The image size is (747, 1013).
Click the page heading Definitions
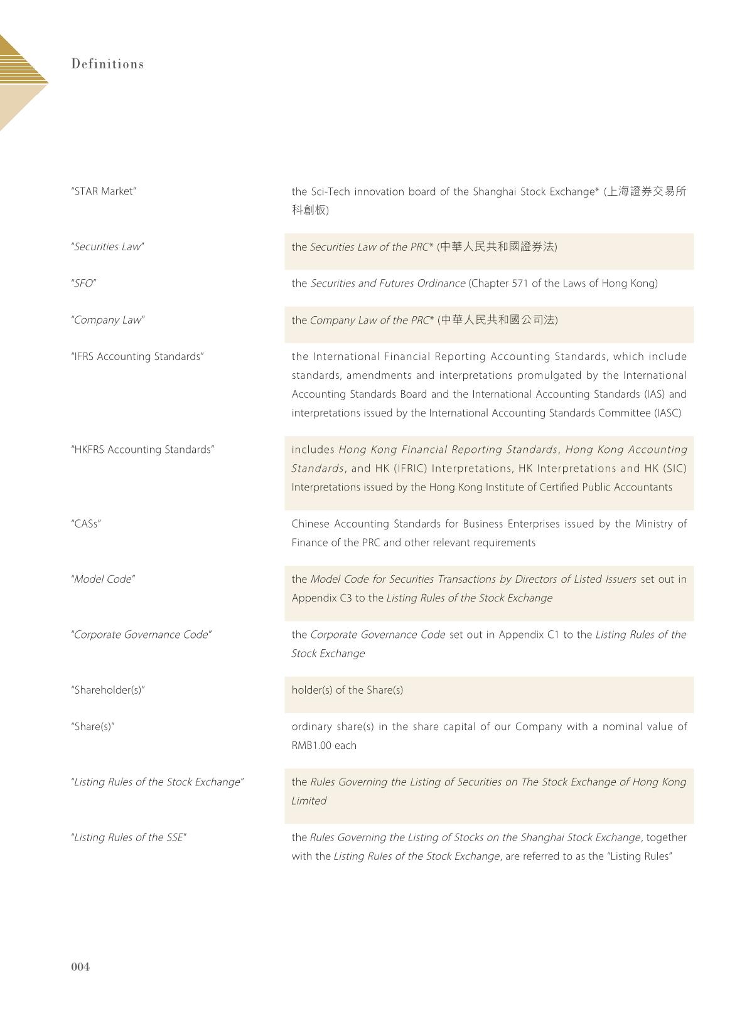pyautogui.click(x=107, y=64)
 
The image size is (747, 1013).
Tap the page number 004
pyautogui.click(x=80, y=967)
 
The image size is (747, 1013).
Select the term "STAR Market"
pyautogui.click(x=104, y=191)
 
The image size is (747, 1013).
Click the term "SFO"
pyautogui.click(x=83, y=284)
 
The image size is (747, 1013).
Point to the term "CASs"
pyautogui.click(x=86, y=524)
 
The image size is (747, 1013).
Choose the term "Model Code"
pyautogui.click(x=103, y=579)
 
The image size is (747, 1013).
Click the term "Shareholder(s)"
pyautogui.click(x=108, y=690)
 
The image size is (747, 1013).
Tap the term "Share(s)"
pyautogui.click(x=93, y=726)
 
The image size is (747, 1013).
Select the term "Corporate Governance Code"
pyautogui.click(x=141, y=635)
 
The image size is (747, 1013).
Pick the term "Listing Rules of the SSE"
pyautogui.click(x=129, y=837)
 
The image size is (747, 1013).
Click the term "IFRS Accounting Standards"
pyautogui.click(x=137, y=356)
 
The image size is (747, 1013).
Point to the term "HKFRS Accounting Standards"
pyautogui.click(x=142, y=450)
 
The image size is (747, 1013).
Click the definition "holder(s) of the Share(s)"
pyautogui.click(x=347, y=690)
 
